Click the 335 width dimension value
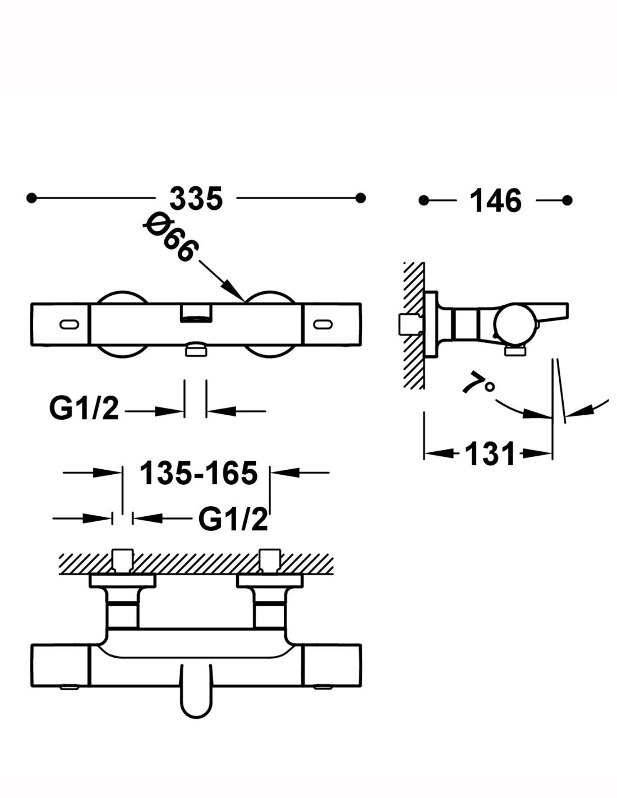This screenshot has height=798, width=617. click(x=196, y=199)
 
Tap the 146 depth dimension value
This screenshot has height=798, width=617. click(x=496, y=200)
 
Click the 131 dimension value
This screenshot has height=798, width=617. click(x=490, y=453)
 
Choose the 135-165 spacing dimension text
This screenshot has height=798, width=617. click(x=198, y=473)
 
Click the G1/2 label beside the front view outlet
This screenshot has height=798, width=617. click(x=84, y=409)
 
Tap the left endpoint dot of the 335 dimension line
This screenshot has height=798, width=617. click(x=31, y=198)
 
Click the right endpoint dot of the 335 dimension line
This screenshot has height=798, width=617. click(x=361, y=198)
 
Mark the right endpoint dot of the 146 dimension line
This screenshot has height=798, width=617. click(x=567, y=200)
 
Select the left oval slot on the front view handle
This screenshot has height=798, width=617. click(x=70, y=324)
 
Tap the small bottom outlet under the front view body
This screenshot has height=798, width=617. click(x=196, y=350)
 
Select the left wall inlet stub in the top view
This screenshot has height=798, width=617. click(x=122, y=560)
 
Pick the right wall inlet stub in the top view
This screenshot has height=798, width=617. click(x=270, y=560)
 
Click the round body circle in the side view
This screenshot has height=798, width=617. click(x=512, y=325)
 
